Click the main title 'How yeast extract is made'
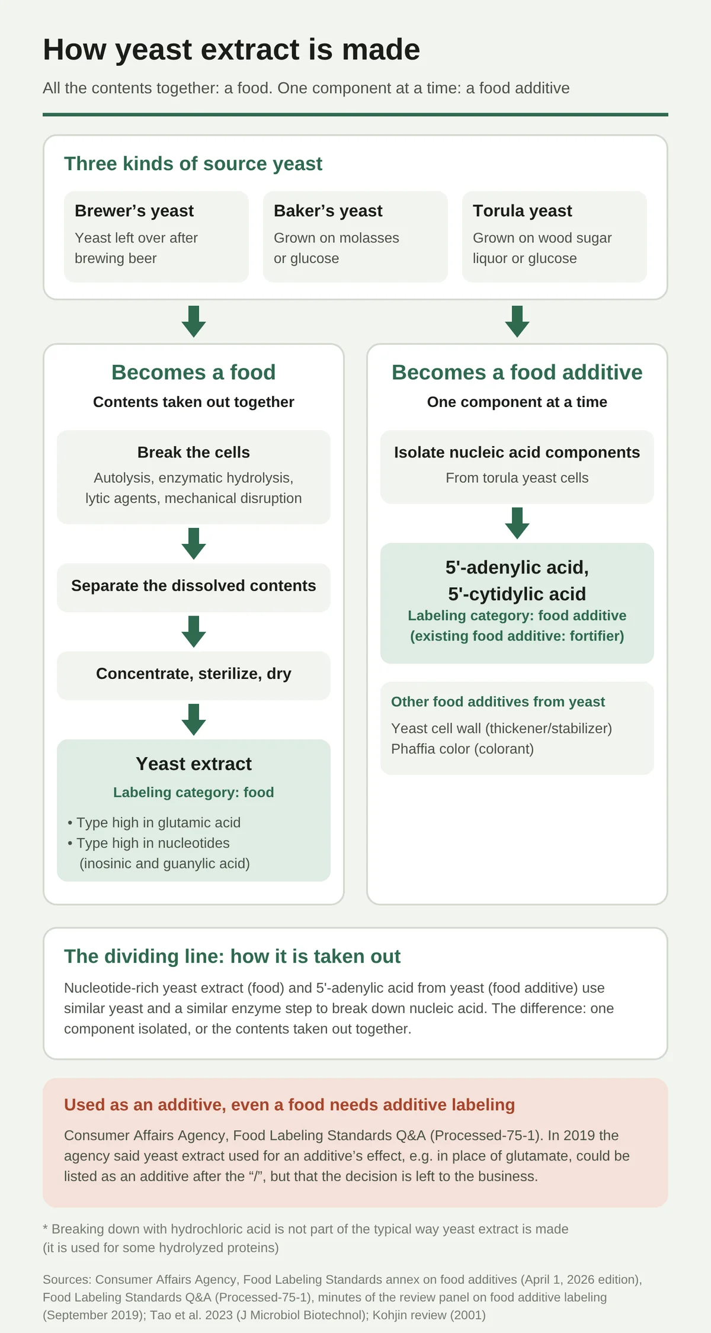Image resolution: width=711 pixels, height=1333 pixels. [x=231, y=50]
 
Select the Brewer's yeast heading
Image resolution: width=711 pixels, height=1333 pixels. [x=134, y=211]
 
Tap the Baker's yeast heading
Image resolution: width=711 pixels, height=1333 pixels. [x=328, y=211]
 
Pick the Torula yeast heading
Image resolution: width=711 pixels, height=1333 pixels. [x=522, y=211]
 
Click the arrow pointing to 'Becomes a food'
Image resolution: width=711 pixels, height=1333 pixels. [x=194, y=322]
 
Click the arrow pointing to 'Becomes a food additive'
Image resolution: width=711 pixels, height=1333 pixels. [x=517, y=322]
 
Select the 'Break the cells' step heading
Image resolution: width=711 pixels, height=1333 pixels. [x=194, y=452]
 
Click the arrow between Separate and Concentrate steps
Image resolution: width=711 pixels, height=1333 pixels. [x=194, y=632]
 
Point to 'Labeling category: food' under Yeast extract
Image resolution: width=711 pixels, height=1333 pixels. [x=194, y=792]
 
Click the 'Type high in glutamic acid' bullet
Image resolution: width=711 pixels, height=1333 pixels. [x=154, y=822]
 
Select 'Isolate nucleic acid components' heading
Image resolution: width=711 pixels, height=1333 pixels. [x=517, y=452]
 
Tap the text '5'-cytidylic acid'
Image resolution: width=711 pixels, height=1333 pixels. [x=517, y=594]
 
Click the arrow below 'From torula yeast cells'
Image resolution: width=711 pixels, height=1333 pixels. [x=517, y=523]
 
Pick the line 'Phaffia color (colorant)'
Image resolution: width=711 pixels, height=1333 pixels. [x=462, y=749]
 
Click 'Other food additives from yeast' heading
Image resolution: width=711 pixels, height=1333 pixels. [x=498, y=701]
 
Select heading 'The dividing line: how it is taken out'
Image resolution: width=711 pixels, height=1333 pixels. [x=232, y=956]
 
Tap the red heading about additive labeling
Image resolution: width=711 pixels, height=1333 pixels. [x=289, y=1104]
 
